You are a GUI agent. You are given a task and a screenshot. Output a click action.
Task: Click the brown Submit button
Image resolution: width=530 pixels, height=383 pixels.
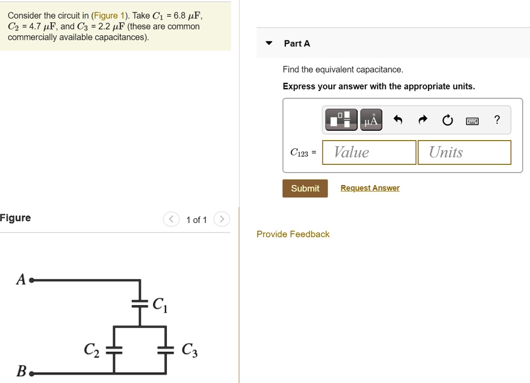tap(305, 189)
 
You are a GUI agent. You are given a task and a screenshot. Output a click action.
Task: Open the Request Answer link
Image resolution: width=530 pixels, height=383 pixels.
tap(370, 188)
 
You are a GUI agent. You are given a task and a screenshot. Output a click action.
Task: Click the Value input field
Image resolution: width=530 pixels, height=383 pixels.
tap(369, 152)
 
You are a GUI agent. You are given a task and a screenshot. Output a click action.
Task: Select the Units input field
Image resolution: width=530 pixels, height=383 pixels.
tap(464, 152)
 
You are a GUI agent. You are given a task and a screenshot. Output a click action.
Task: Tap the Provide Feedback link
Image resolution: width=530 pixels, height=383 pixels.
tap(293, 234)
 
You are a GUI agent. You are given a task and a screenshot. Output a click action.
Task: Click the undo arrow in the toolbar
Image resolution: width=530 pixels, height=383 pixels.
tap(397, 120)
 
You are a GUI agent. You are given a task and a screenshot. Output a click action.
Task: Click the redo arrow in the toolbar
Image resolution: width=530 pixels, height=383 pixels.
tap(423, 120)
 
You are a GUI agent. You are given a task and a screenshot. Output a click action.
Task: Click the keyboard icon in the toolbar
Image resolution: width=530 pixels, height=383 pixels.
tap(472, 121)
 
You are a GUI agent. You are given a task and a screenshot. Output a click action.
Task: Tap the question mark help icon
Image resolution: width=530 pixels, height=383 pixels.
tap(497, 120)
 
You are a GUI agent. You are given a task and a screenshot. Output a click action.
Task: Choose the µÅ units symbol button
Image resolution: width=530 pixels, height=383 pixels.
tap(371, 120)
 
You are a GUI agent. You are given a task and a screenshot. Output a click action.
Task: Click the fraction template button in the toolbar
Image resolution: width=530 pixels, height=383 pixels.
tap(341, 120)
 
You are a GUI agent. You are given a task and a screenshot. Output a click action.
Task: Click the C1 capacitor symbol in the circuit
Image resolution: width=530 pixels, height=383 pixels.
tap(140, 304)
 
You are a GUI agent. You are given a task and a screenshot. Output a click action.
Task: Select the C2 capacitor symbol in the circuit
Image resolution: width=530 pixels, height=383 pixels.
tap(114, 350)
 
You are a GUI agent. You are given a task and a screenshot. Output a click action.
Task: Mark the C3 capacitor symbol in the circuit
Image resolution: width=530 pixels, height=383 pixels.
tap(166, 350)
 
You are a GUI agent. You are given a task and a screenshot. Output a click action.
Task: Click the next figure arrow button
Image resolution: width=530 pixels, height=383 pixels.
tap(221, 220)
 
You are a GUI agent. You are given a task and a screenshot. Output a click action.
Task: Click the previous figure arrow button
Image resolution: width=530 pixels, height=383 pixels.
tap(171, 220)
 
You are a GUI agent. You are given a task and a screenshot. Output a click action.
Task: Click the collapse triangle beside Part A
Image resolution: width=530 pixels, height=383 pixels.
tap(269, 43)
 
